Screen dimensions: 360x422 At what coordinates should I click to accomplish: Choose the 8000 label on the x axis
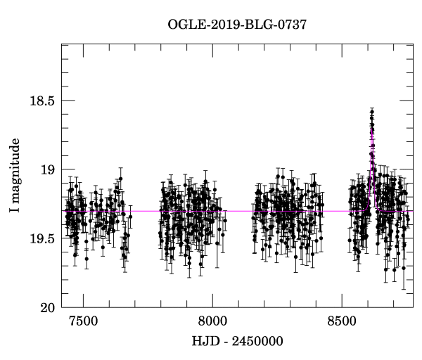[x=212, y=322]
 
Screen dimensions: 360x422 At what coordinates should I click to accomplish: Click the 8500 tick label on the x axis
[x=341, y=322]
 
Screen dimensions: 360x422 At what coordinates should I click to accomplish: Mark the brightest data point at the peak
[x=372, y=110]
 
